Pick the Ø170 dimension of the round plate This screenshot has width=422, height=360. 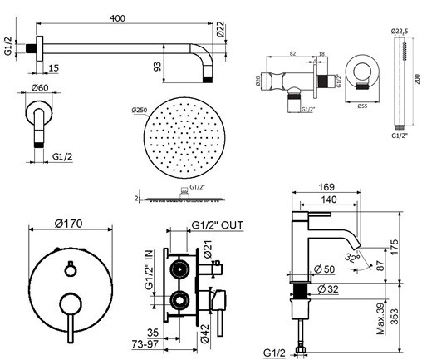[x=71, y=223]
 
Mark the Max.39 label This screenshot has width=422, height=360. [x=380, y=315]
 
